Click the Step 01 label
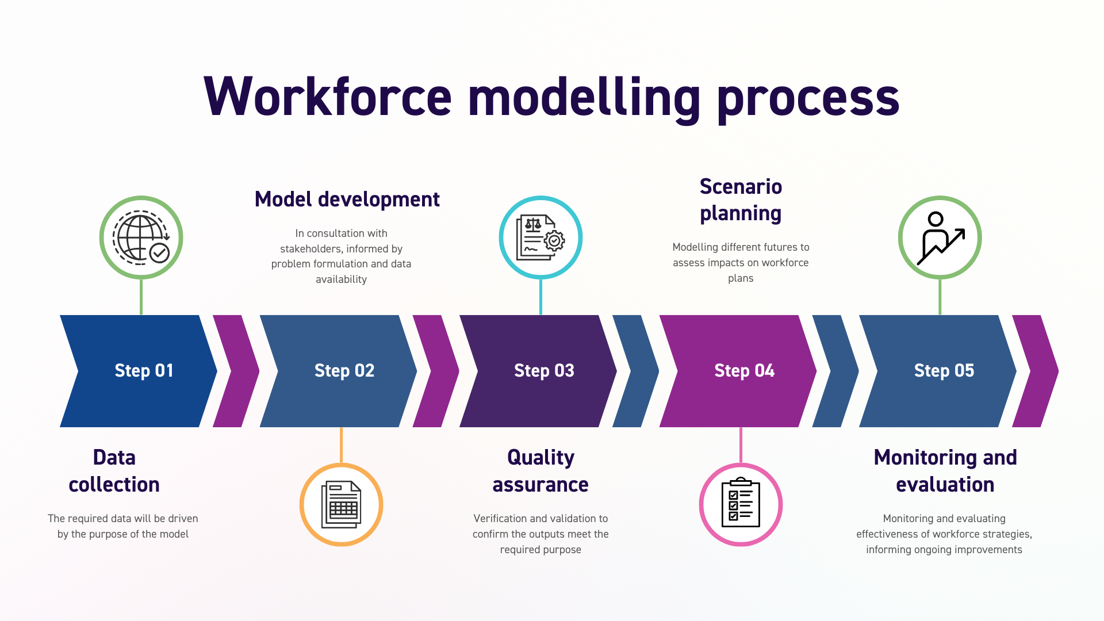[x=144, y=371]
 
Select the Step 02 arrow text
[x=344, y=371]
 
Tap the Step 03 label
[x=544, y=371]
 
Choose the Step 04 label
[x=744, y=371]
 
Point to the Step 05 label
[x=944, y=371]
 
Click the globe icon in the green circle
[x=141, y=237]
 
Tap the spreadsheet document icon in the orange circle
[x=341, y=505]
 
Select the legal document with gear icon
[x=540, y=237]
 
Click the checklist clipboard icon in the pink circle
[x=741, y=505]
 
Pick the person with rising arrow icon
[x=940, y=237]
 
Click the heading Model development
[x=347, y=200]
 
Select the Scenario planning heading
[x=741, y=200]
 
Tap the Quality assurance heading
[x=540, y=471]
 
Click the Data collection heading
[x=114, y=471]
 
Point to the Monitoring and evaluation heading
[x=945, y=471]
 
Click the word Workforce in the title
[x=328, y=98]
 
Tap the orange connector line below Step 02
[x=341, y=444]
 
